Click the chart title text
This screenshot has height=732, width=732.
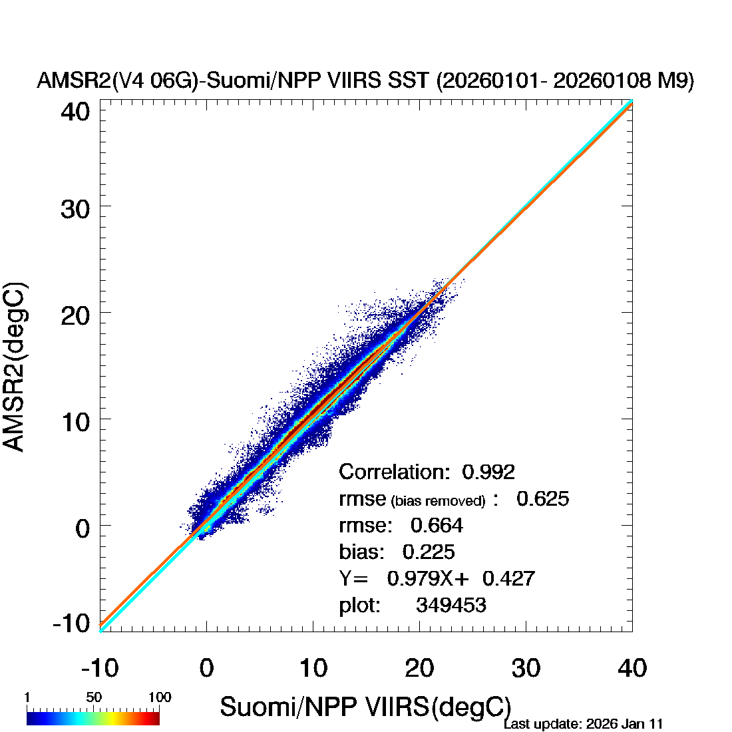click(x=365, y=81)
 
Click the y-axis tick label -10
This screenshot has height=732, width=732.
click(x=71, y=624)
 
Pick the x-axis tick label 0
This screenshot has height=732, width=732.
click(x=206, y=667)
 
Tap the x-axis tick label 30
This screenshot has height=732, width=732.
click(x=526, y=667)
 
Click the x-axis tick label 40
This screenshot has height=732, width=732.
click(x=632, y=667)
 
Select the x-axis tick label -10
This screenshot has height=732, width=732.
click(x=100, y=667)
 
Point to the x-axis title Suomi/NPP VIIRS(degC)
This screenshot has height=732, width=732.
click(x=365, y=707)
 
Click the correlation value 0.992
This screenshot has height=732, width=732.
click(x=488, y=472)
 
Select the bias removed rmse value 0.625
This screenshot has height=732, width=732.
click(x=542, y=498)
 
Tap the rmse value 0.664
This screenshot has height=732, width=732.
click(x=437, y=525)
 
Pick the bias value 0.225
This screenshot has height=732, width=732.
click(x=429, y=552)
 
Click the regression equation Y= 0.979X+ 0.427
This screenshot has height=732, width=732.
click(x=437, y=578)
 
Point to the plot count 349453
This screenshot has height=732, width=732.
click(x=451, y=605)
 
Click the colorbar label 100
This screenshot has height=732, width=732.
click(x=160, y=697)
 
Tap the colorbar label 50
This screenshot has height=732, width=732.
click(x=94, y=697)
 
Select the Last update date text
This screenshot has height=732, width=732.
click(x=583, y=724)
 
